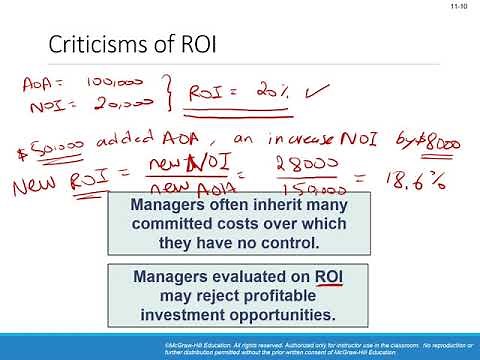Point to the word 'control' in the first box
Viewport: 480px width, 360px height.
[288, 243]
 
